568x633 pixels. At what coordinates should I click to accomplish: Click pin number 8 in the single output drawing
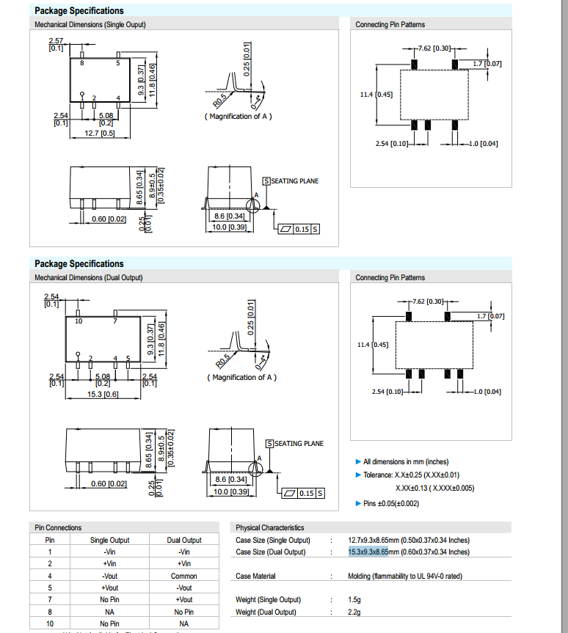click(82, 64)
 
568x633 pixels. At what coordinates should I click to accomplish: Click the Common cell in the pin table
click(184, 576)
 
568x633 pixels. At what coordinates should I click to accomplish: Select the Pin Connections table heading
click(58, 527)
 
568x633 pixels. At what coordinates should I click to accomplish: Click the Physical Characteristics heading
click(269, 527)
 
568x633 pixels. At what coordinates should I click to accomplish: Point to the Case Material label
click(255, 576)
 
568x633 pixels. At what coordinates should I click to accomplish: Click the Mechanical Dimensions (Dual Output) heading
click(89, 277)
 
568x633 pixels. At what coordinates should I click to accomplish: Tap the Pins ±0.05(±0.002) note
click(391, 503)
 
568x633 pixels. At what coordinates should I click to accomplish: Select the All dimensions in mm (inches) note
click(406, 461)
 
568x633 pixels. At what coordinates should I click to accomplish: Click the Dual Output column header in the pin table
click(184, 540)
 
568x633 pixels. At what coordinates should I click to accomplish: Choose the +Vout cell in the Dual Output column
click(184, 599)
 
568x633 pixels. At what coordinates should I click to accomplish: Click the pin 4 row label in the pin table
click(50, 576)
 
